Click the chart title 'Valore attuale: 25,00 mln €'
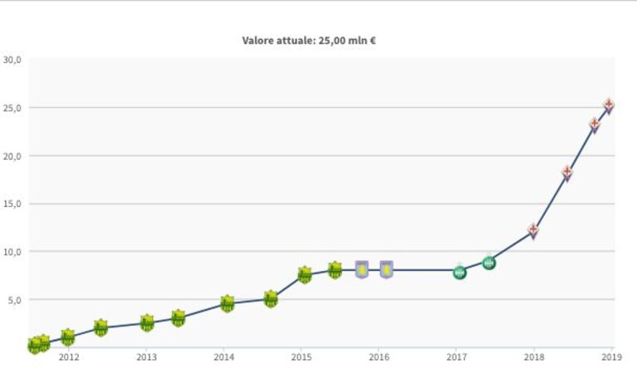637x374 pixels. pyautogui.click(x=309, y=41)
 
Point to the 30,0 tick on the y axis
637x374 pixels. pyautogui.click(x=12, y=60)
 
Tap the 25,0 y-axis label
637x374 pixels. pyautogui.click(x=12, y=108)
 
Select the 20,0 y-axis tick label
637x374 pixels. pyautogui.click(x=12, y=156)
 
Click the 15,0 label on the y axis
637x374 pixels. pyautogui.click(x=12, y=204)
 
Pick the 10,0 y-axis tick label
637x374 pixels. pyautogui.click(x=12, y=252)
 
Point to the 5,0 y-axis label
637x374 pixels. pyautogui.click(x=14, y=300)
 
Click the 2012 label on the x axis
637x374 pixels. pyautogui.click(x=69, y=357)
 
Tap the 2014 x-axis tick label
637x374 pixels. pyautogui.click(x=224, y=357)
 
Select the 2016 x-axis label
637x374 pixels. pyautogui.click(x=379, y=357)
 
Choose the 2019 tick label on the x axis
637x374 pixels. pyautogui.click(x=612, y=357)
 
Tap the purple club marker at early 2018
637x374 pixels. pyautogui.click(x=533, y=231)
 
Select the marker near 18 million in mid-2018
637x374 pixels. pyautogui.click(x=567, y=173)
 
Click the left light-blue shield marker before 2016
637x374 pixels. pyautogui.click(x=362, y=269)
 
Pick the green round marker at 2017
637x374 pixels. pyautogui.click(x=459, y=273)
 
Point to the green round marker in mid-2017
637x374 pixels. pyautogui.click(x=489, y=263)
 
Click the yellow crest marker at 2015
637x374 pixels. pyautogui.click(x=305, y=275)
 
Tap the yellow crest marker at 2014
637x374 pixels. pyautogui.click(x=228, y=303)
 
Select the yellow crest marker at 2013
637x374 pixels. pyautogui.click(x=147, y=322)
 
